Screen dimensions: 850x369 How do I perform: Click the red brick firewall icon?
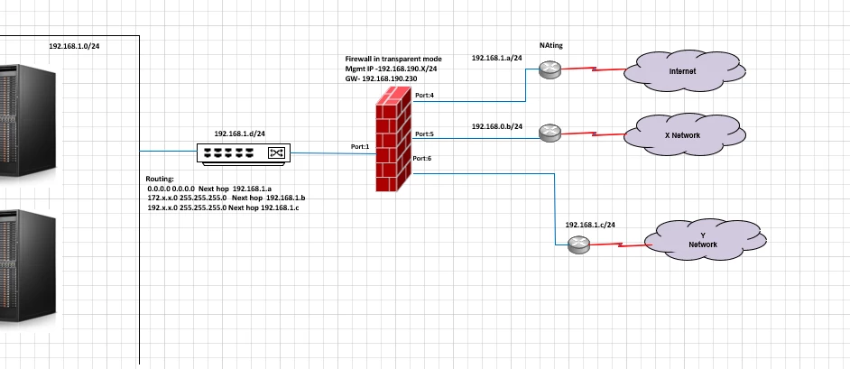click(x=393, y=139)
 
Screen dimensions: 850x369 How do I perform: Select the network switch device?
click(x=244, y=153)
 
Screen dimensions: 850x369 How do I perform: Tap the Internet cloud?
click(x=685, y=71)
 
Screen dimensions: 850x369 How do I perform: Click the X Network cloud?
click(x=685, y=135)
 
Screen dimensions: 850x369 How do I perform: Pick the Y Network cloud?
click(x=706, y=240)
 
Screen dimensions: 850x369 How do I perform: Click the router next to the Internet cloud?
click(x=550, y=69)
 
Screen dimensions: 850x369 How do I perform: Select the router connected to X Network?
click(x=550, y=133)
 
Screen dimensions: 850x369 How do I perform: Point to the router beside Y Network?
click(x=578, y=244)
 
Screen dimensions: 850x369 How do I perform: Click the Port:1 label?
click(x=359, y=146)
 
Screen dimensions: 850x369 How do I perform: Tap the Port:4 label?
click(x=424, y=96)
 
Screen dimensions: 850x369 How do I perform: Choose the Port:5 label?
click(x=424, y=134)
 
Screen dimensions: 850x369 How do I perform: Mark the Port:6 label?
click(x=421, y=158)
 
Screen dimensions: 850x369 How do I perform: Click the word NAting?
click(x=550, y=45)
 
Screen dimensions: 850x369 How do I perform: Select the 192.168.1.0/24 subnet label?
click(x=74, y=46)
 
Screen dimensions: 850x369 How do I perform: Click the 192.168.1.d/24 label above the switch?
click(x=240, y=134)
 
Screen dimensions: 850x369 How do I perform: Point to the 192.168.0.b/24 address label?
click(x=497, y=126)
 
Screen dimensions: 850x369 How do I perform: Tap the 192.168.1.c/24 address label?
click(x=590, y=225)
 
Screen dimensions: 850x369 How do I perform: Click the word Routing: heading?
click(x=160, y=179)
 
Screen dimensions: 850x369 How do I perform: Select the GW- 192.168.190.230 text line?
click(x=381, y=78)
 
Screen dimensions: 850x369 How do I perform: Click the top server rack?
click(x=28, y=120)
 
